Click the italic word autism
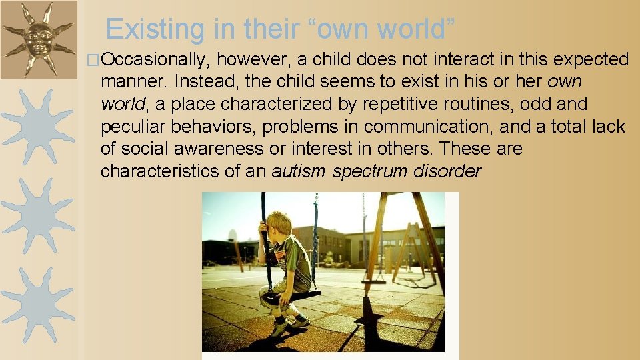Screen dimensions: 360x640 point(299,171)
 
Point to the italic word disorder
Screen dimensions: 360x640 point(447,171)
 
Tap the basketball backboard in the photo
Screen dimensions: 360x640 point(231,235)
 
